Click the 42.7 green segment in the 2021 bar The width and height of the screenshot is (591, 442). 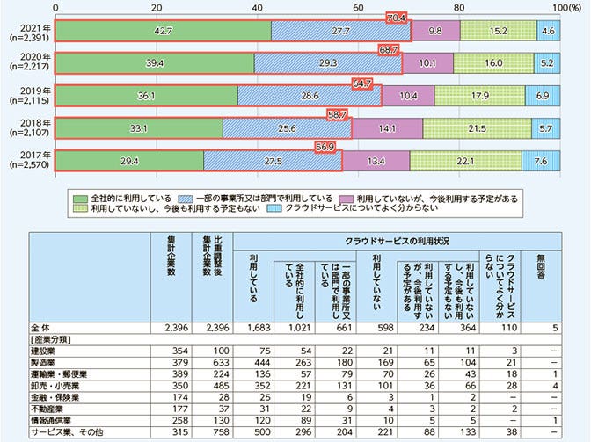[164, 31]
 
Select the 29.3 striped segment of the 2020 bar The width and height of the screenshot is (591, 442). [327, 63]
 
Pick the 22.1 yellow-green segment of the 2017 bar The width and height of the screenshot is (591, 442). [464, 161]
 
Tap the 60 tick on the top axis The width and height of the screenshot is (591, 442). [358, 6]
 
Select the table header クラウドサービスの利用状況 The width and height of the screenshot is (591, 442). [383, 240]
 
